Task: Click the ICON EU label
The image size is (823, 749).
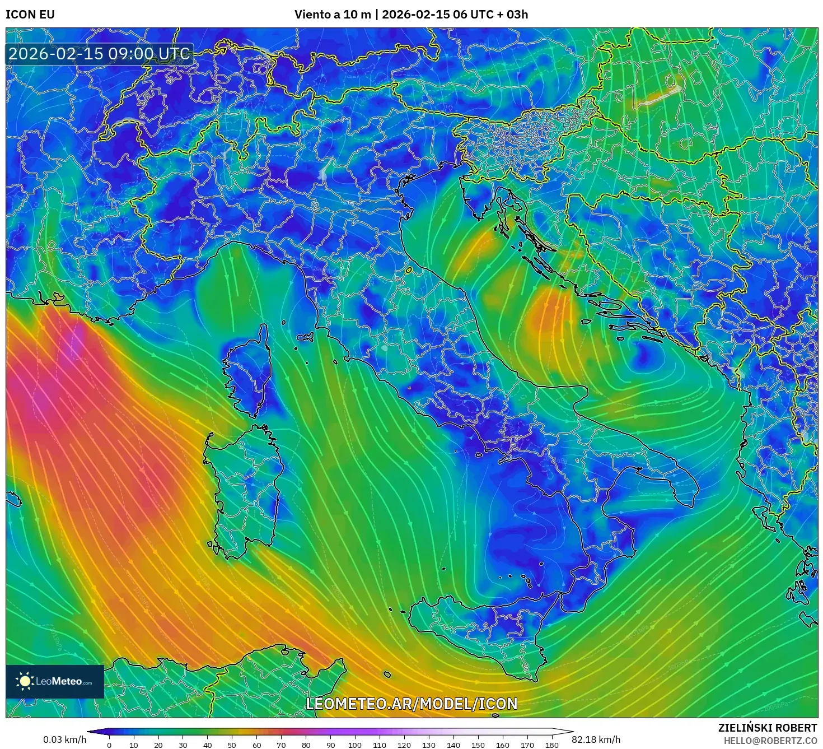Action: pos(30,15)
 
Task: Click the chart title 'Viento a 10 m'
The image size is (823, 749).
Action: pos(333,15)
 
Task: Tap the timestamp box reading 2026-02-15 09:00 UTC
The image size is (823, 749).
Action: pos(100,54)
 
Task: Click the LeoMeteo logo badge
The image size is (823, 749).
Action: pos(55,681)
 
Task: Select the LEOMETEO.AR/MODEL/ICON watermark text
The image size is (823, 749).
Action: pos(411,704)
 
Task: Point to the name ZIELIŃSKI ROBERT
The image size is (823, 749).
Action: pos(768,728)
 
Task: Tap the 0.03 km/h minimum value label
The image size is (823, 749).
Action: pos(65,739)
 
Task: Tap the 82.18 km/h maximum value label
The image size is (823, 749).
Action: pos(596,739)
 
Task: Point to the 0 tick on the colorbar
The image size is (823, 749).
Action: pos(109,745)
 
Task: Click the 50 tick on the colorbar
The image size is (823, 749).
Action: pos(232,745)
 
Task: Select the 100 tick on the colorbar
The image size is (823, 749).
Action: pos(355,745)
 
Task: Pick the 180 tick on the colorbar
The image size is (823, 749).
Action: pos(552,745)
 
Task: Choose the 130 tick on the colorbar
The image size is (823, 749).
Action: pos(429,745)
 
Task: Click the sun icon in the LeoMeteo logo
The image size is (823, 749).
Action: pos(25,681)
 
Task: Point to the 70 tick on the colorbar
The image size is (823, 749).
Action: pos(281,745)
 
